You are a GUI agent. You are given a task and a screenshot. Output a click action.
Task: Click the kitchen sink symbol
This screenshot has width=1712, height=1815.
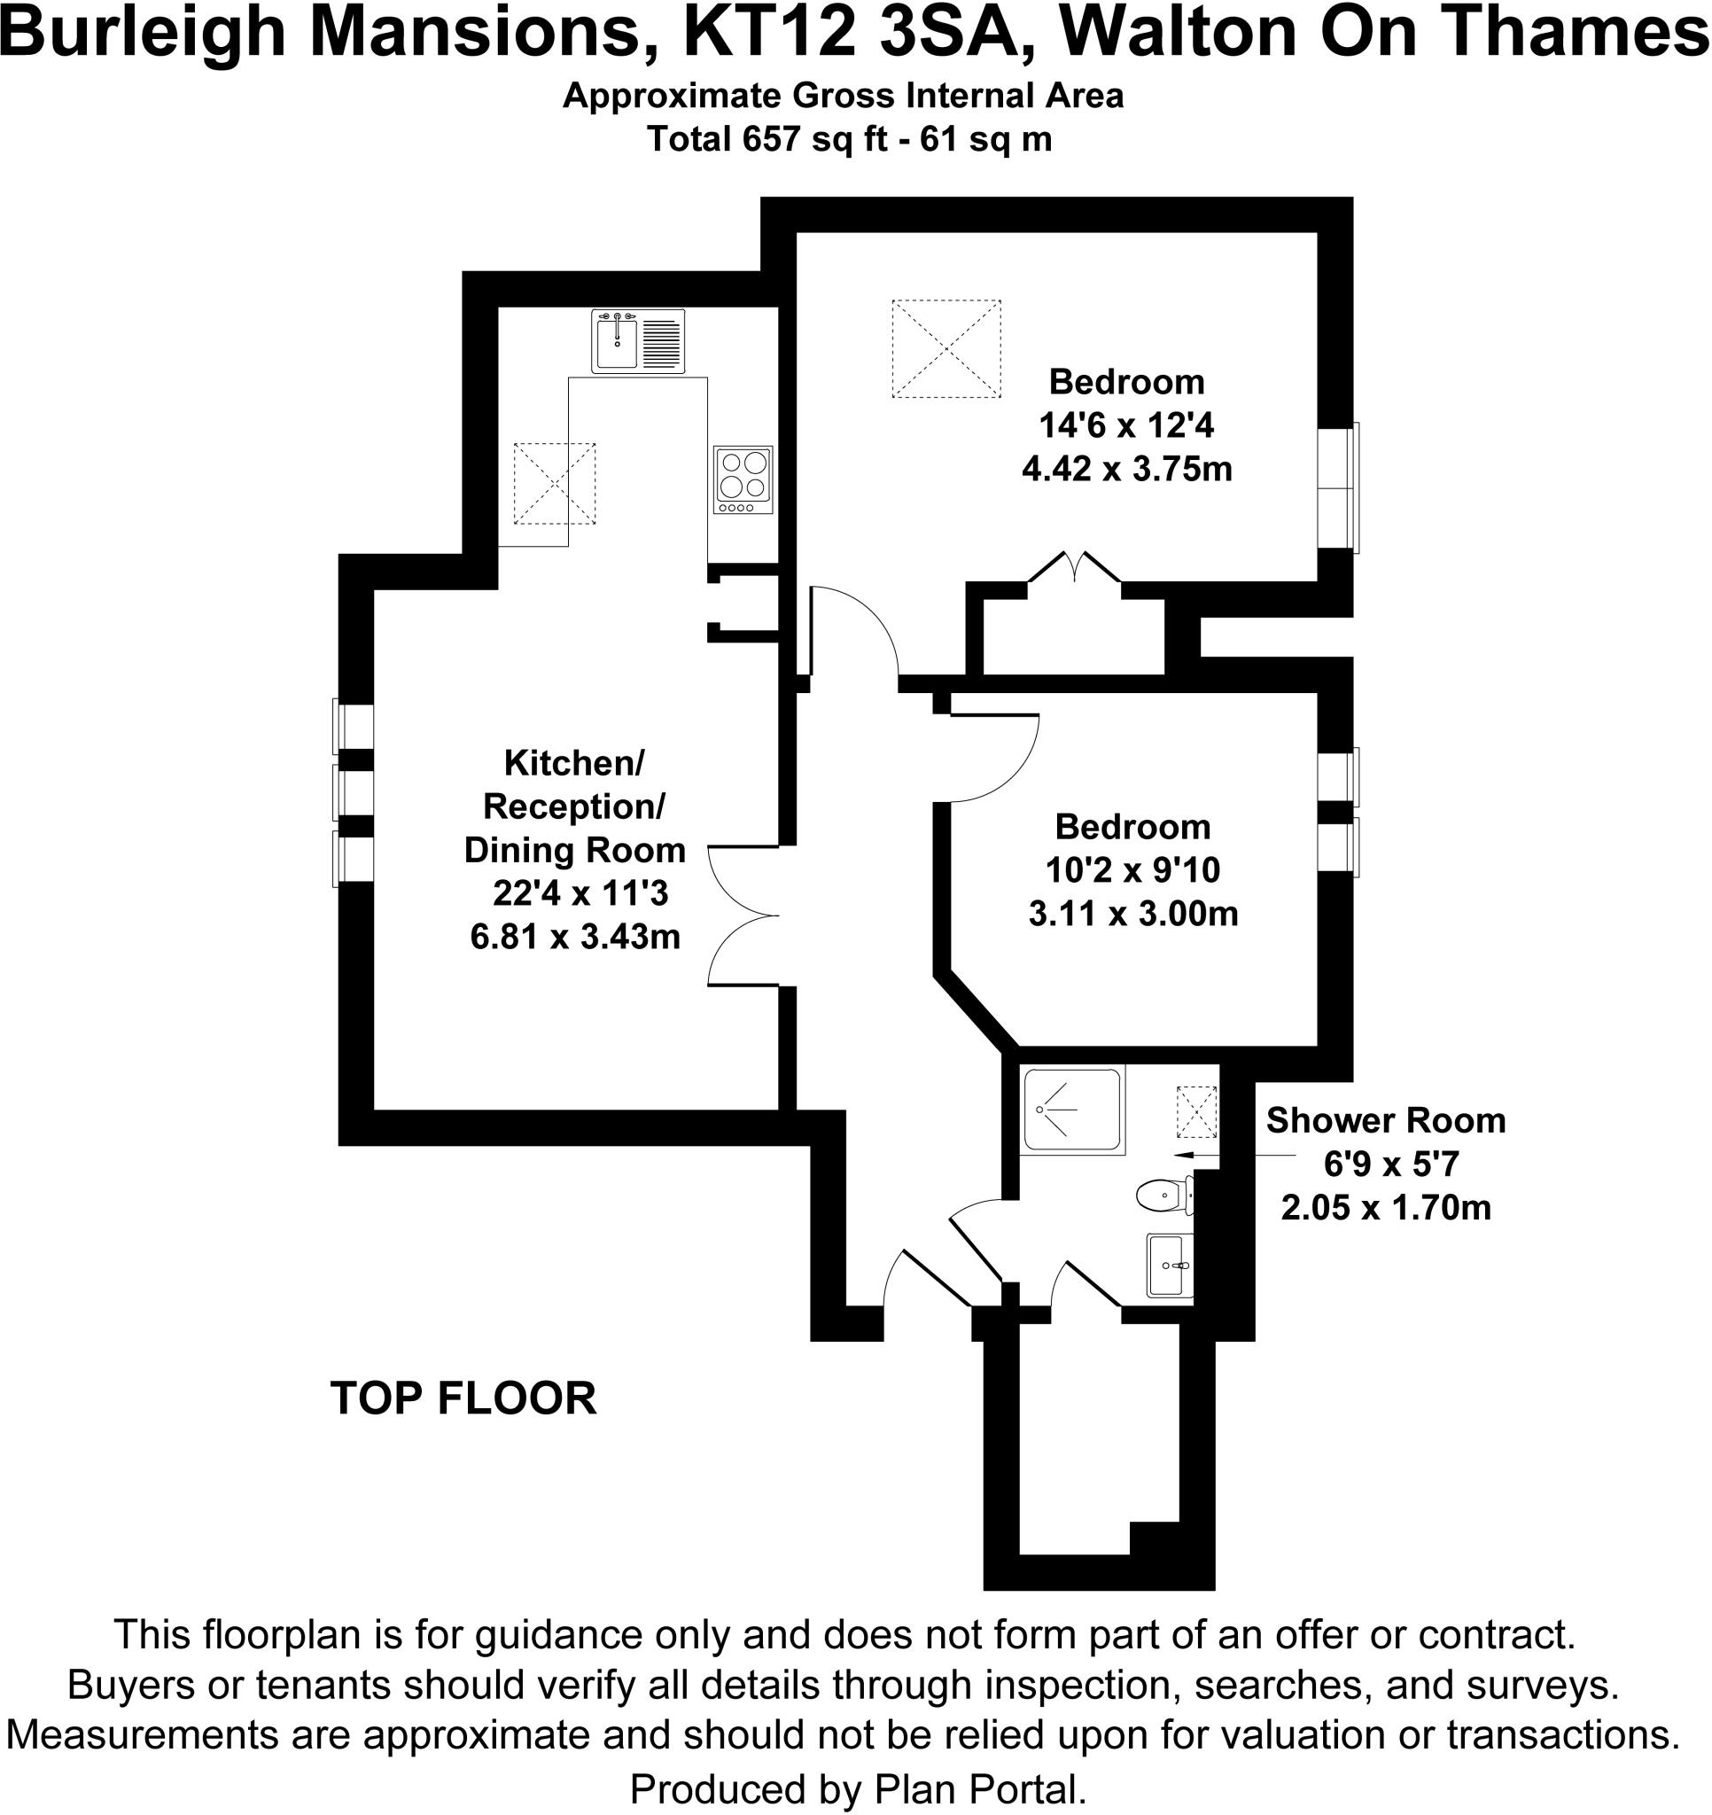point(637,340)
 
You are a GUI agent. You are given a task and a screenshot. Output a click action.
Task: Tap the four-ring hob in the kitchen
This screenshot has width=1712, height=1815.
point(743,479)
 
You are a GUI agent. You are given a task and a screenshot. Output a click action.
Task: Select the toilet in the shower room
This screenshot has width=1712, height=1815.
point(1163,1194)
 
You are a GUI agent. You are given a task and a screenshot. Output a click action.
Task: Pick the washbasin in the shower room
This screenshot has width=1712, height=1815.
point(1169,1265)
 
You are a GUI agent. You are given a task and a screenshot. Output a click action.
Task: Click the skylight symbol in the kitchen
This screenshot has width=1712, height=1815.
point(554,483)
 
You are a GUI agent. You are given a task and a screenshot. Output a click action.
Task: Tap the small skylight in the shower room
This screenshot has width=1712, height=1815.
point(1196,1112)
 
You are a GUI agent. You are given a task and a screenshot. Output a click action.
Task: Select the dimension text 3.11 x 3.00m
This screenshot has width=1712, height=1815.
point(1132,914)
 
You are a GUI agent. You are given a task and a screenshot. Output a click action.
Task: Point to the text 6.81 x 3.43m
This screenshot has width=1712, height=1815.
point(575,937)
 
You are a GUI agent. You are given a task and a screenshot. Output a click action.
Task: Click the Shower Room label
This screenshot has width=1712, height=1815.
point(1385,1121)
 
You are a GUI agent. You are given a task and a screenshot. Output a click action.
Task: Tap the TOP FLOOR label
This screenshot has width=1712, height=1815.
point(463,1398)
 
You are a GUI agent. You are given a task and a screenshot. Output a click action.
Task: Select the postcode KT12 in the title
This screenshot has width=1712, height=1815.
point(769,33)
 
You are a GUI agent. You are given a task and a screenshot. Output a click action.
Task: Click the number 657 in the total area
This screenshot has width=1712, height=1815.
point(773,139)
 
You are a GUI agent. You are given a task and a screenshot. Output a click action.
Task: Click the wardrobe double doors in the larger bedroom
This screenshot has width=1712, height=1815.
point(1075,569)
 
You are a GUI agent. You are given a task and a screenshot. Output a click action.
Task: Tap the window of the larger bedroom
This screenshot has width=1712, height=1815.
point(1339,487)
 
